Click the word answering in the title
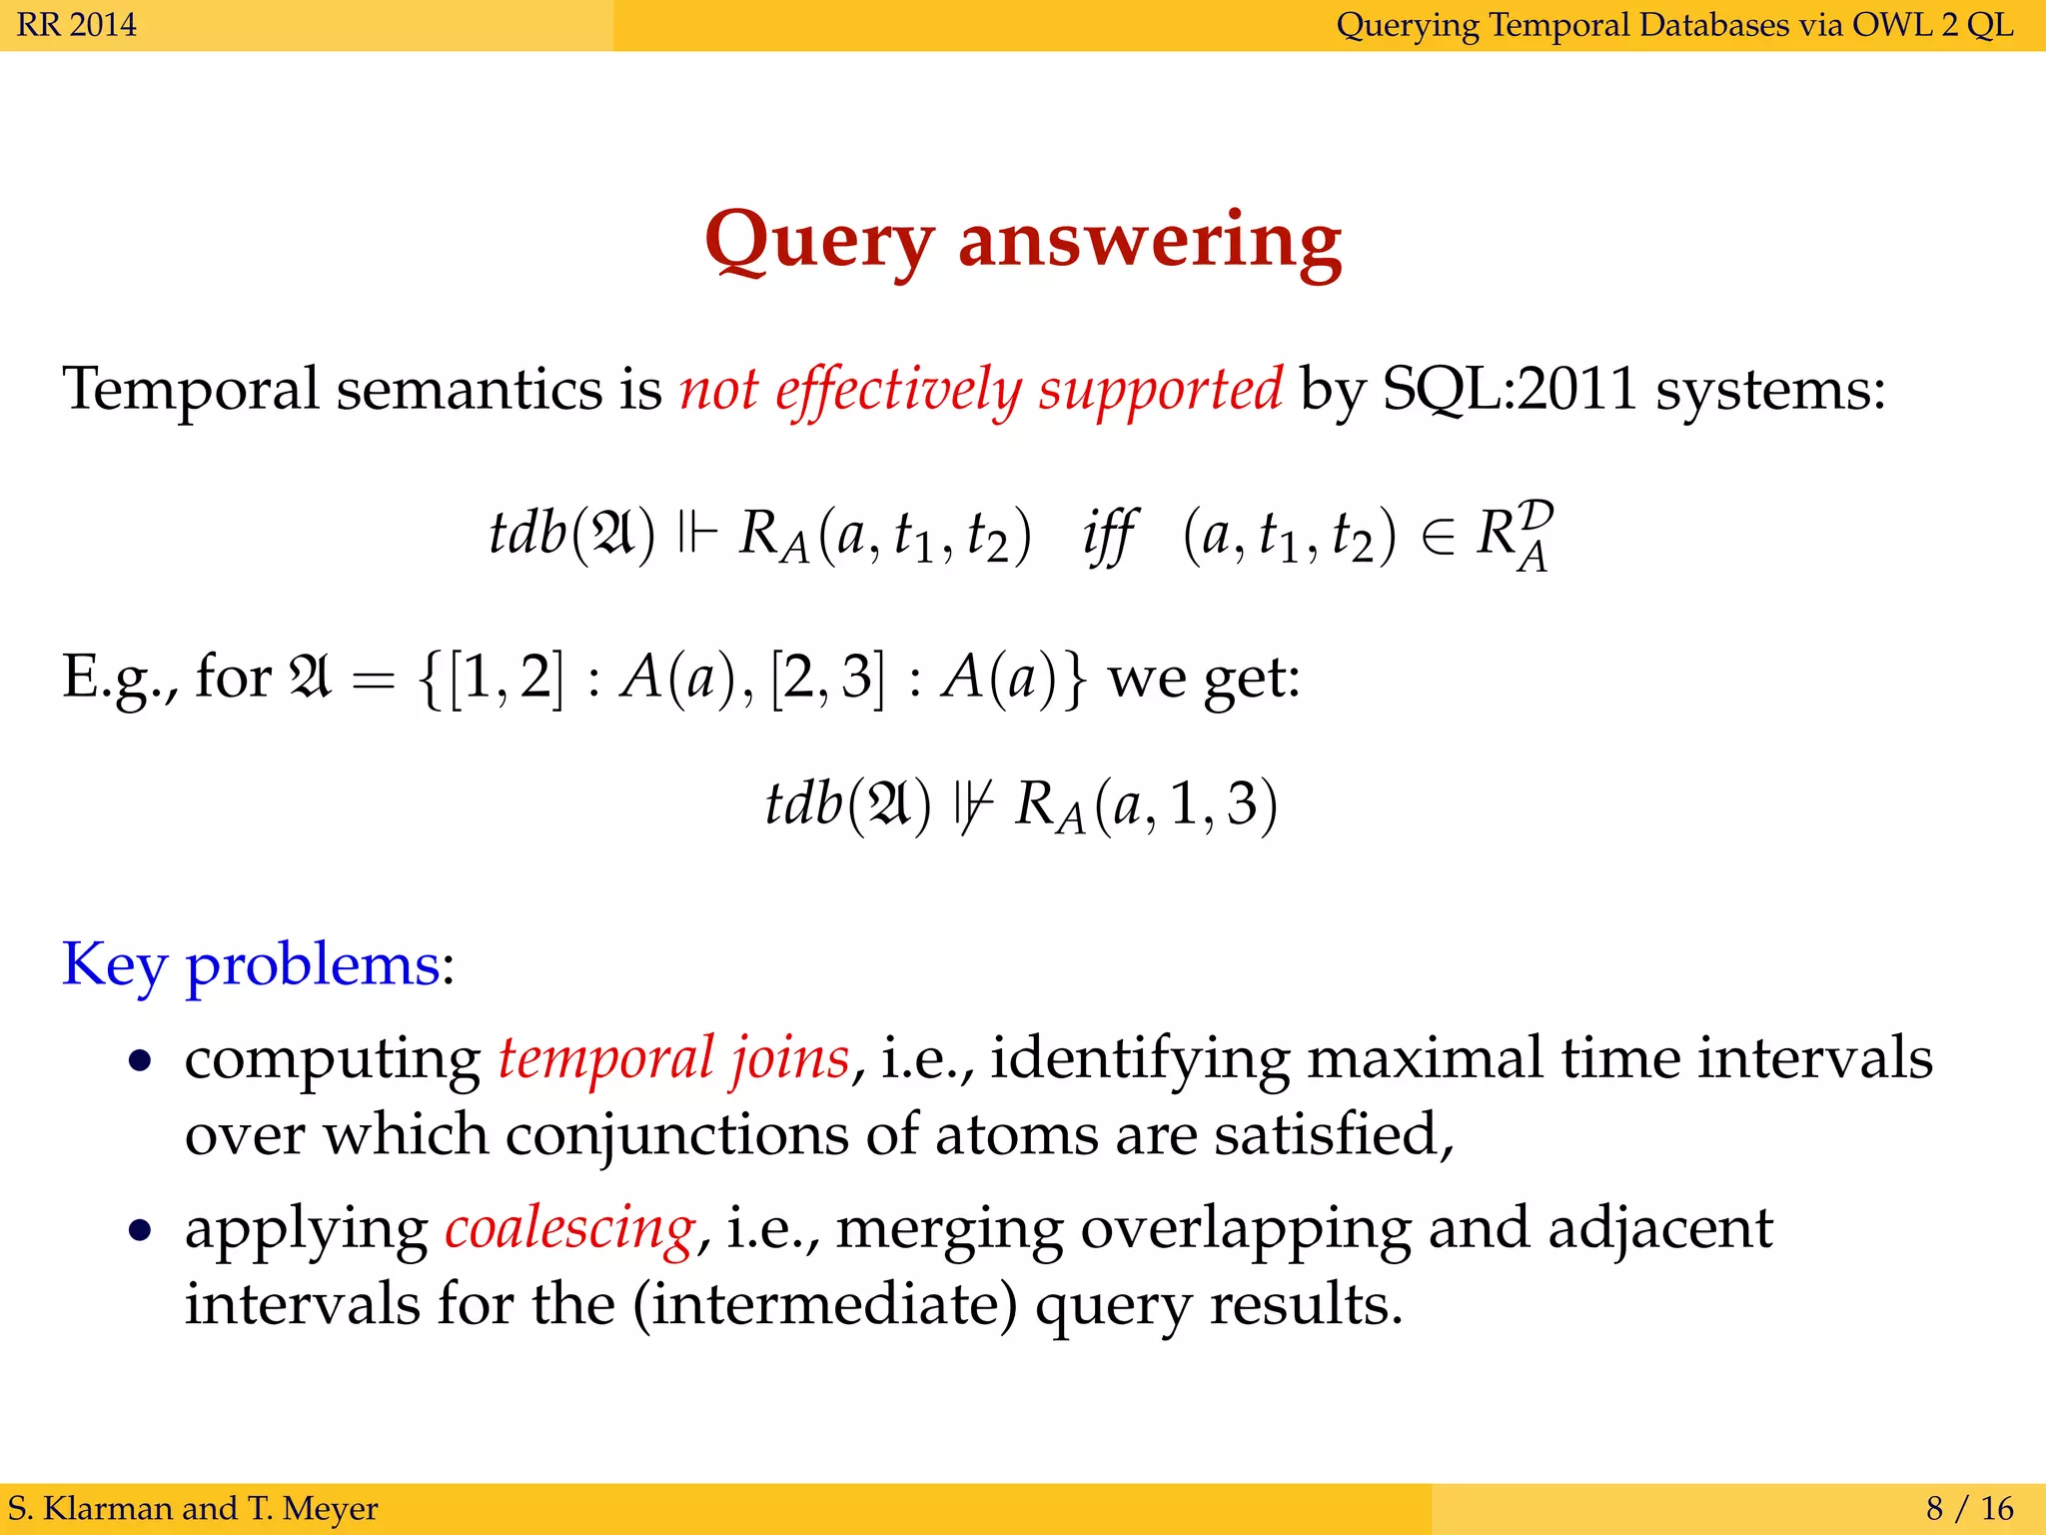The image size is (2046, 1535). (x=1150, y=242)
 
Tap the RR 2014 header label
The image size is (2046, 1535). (x=77, y=24)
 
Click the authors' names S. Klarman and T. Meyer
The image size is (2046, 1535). (x=193, y=1508)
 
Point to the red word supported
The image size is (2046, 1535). (x=1160, y=389)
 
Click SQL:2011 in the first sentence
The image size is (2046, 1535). (x=1510, y=389)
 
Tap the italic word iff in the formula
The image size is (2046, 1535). (x=1108, y=536)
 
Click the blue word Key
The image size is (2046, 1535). (x=114, y=965)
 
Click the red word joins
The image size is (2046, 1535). (x=790, y=1058)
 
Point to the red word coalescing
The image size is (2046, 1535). (x=569, y=1229)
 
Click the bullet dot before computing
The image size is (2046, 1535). (x=141, y=1060)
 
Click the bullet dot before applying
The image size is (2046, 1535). (x=141, y=1230)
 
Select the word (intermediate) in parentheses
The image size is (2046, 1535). (x=825, y=1305)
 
